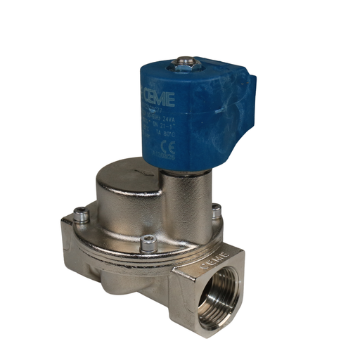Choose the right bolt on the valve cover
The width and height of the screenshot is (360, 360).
pyautogui.click(x=216, y=210)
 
